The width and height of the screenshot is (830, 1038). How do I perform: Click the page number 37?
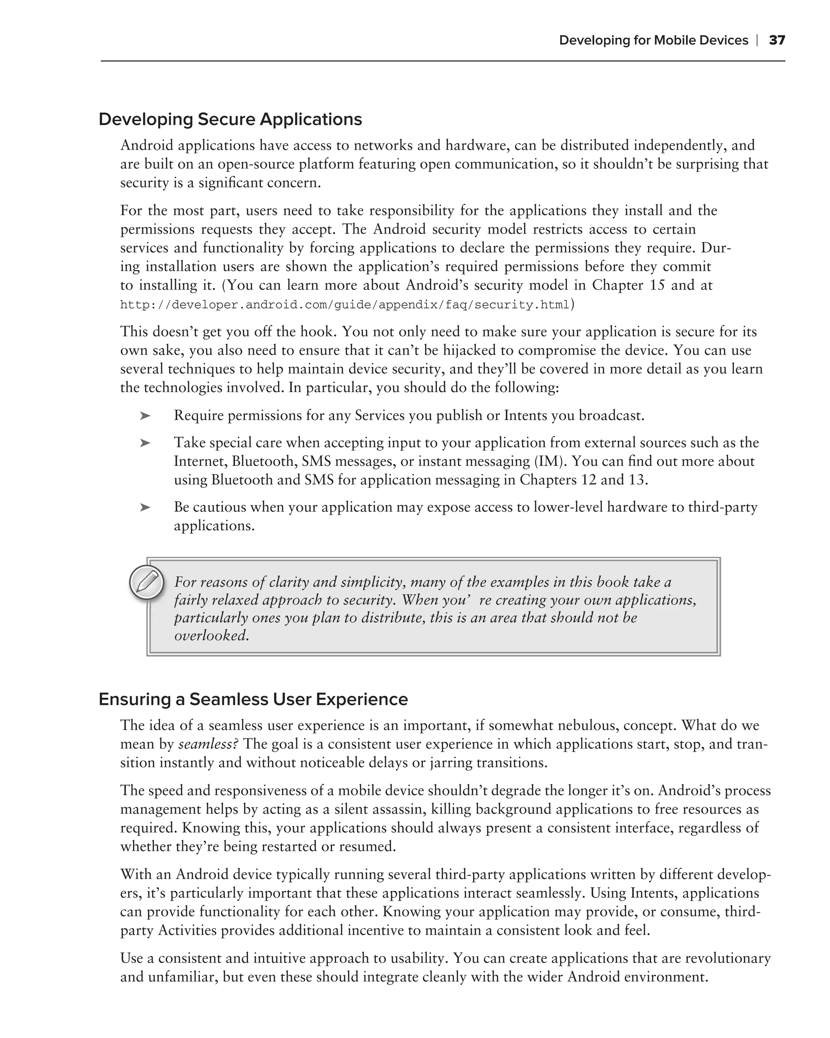click(777, 40)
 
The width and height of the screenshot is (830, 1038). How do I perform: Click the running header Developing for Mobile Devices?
click(653, 40)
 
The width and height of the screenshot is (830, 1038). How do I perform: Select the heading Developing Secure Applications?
click(230, 119)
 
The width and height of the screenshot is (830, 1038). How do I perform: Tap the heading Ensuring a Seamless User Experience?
click(253, 699)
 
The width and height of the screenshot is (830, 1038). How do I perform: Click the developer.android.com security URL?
click(344, 305)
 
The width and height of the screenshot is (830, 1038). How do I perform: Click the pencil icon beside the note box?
click(147, 581)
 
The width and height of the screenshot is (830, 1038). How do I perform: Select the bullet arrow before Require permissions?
click(145, 416)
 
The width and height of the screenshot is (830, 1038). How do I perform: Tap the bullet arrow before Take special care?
click(145, 443)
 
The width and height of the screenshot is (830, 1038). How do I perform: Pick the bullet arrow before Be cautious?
click(145, 508)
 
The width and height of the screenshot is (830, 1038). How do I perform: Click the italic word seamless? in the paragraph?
click(208, 744)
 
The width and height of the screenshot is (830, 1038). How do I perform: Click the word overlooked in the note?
click(211, 635)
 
